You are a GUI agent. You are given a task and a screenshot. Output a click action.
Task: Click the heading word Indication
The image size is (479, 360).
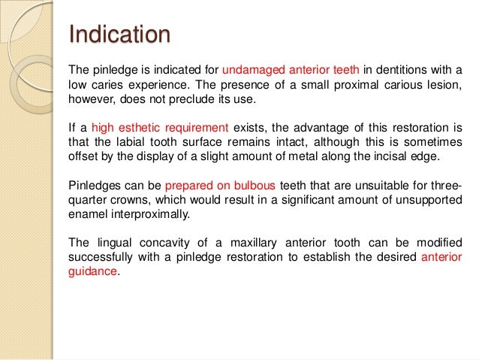(x=119, y=35)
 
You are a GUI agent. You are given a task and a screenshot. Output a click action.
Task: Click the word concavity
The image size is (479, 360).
(x=156, y=242)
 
